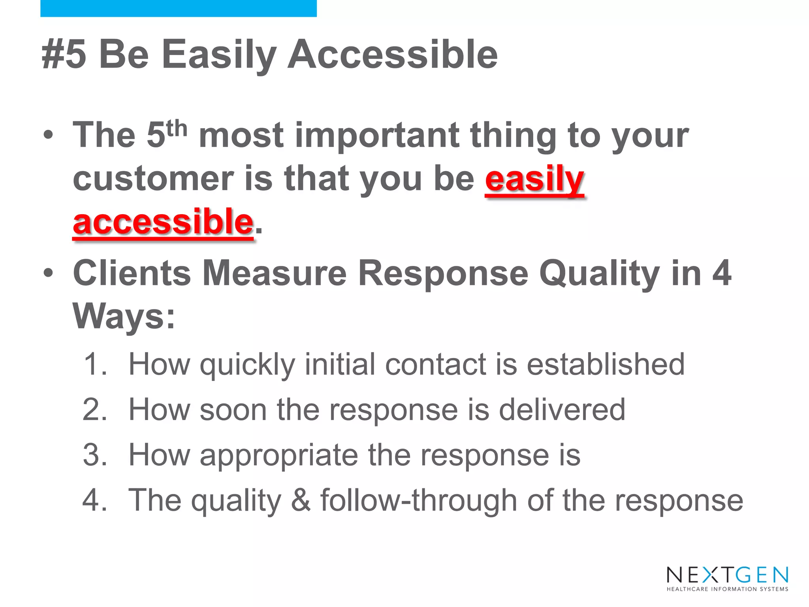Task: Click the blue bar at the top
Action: [178, 8]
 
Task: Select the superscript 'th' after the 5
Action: [177, 129]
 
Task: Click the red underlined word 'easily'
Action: [534, 179]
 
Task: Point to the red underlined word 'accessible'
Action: [163, 222]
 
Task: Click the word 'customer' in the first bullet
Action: [153, 179]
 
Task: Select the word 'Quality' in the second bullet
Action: [599, 274]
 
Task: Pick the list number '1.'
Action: [95, 364]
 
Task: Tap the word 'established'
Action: [606, 364]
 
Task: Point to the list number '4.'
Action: [95, 500]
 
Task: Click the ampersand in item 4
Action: [301, 500]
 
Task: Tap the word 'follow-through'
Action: [418, 500]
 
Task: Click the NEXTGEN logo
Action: [727, 575]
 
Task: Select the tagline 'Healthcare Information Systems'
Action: [727, 589]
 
